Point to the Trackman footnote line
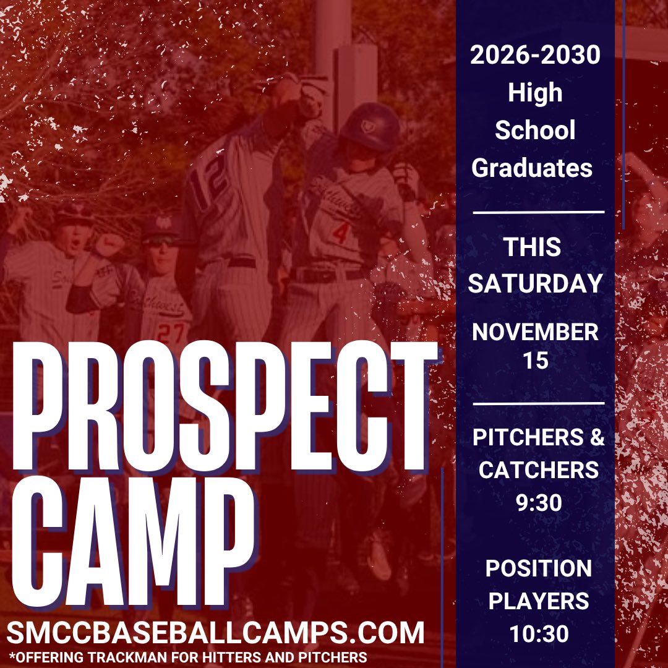pos(189,656)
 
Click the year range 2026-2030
pos(535,56)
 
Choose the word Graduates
pos(533,168)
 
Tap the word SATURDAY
pos(535,283)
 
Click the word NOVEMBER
pos(535,332)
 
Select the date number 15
pos(535,361)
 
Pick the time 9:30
pos(539,502)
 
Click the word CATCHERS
pos(539,470)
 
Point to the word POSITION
pos(539,568)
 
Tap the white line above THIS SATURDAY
pos(537,212)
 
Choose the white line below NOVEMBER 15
pos(537,403)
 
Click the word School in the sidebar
pos(535,131)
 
